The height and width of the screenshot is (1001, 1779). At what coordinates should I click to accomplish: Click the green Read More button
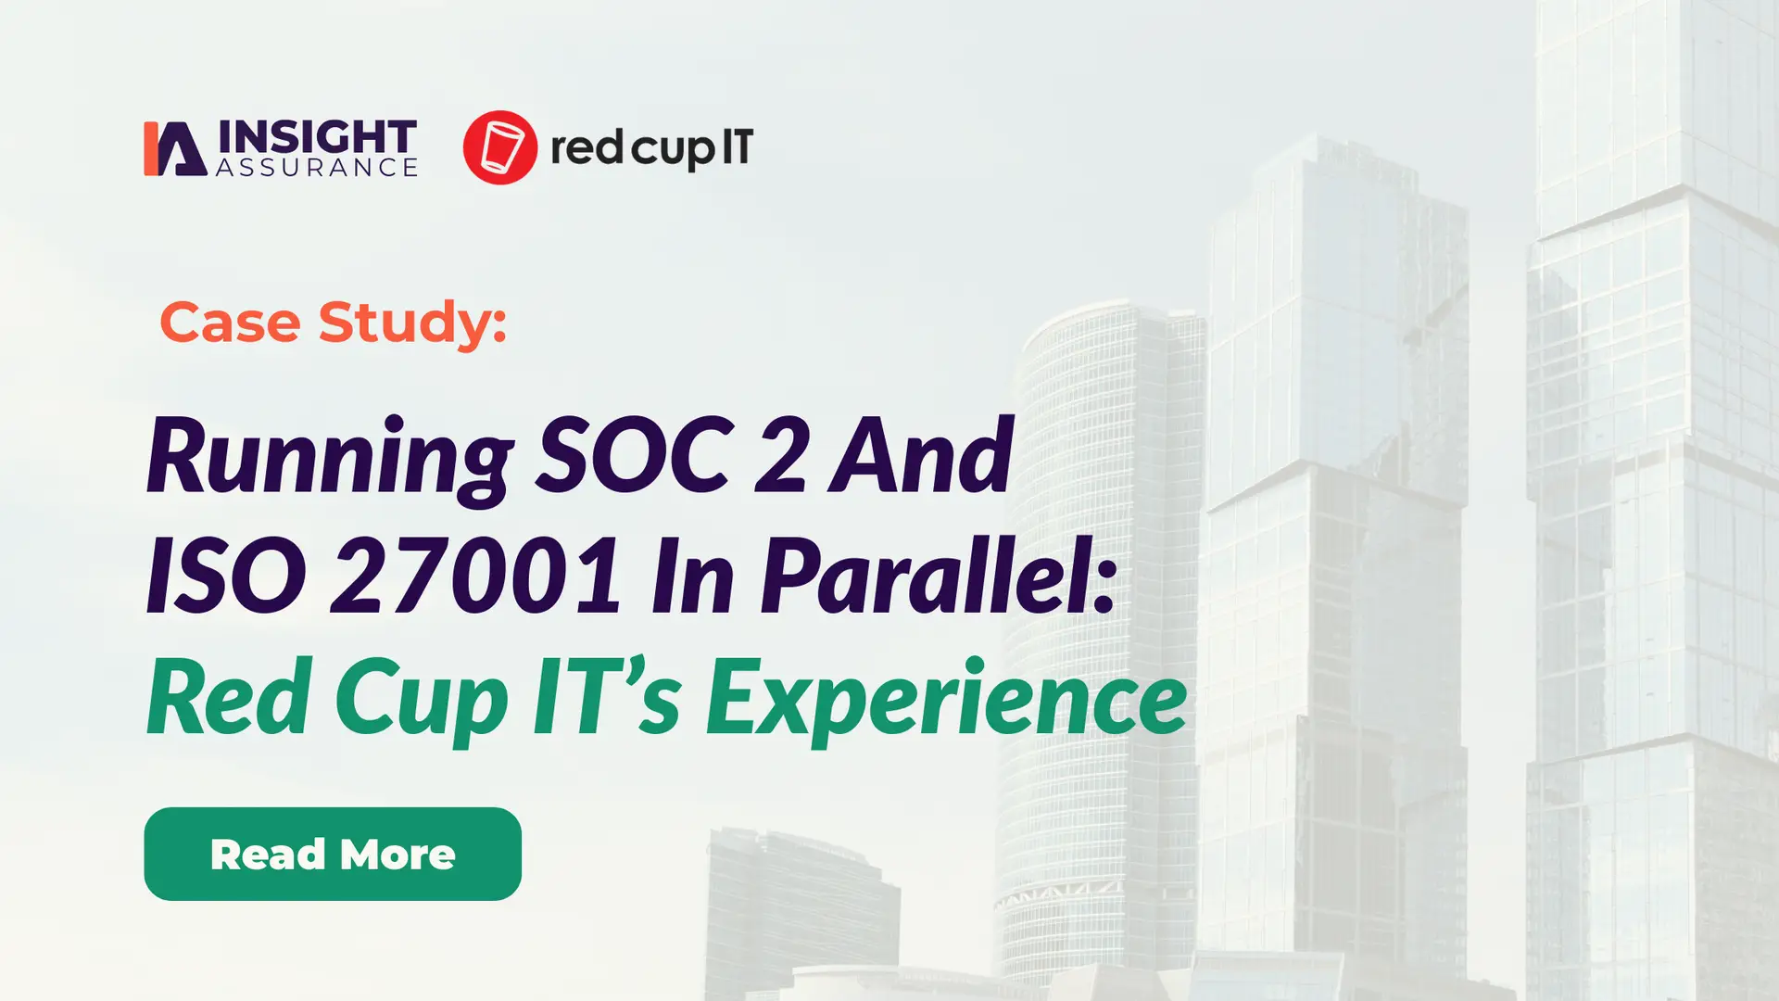pos(332,854)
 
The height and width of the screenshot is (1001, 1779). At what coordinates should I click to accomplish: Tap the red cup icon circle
pos(499,147)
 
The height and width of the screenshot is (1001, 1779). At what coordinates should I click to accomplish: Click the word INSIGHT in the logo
pos(317,137)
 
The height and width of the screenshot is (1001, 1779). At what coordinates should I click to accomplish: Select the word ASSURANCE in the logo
pos(317,168)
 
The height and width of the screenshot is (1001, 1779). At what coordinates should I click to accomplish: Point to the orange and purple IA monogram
pos(174,148)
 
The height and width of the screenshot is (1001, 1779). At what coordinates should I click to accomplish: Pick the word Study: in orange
pos(412,323)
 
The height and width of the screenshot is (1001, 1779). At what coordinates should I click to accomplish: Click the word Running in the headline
pos(330,456)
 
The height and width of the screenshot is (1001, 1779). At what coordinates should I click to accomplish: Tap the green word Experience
pos(946,697)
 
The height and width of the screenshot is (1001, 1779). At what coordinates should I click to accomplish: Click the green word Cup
pos(422,697)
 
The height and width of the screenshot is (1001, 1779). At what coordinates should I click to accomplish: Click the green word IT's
pos(607,697)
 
